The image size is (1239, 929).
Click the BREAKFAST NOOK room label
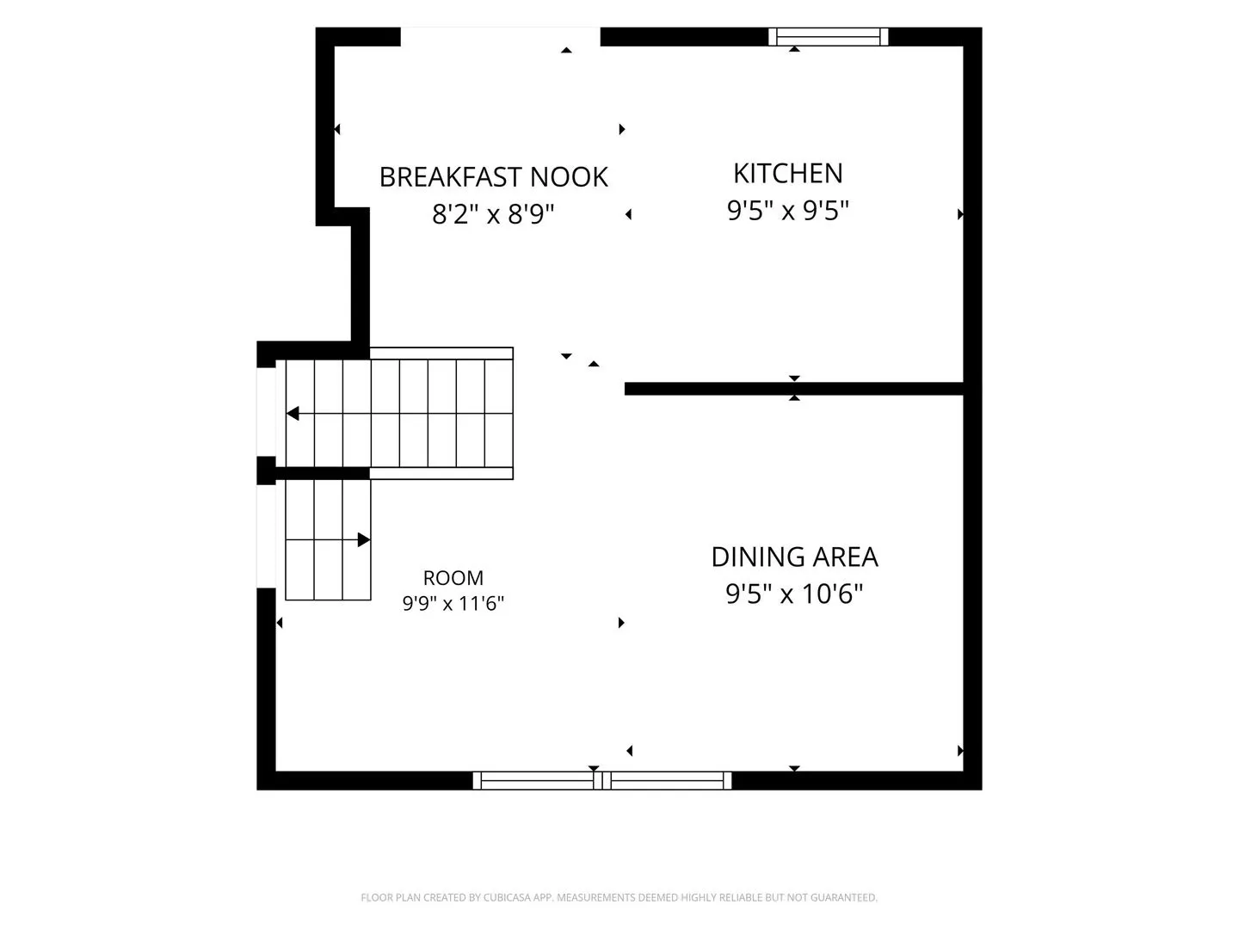coord(493,177)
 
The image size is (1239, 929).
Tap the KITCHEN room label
coord(788,173)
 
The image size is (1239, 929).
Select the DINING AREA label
coord(794,557)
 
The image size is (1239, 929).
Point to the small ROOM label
coord(453,577)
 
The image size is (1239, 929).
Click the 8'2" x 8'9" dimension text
coord(493,214)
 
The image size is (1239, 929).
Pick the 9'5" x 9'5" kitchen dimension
coord(787,211)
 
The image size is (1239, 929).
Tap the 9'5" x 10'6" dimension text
coord(794,594)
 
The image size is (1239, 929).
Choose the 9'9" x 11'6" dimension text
coord(453,604)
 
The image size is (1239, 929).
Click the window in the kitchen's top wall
coord(828,37)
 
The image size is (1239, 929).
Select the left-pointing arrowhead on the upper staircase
coord(293,414)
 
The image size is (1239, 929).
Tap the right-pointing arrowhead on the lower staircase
coord(364,540)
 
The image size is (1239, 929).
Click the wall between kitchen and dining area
coord(793,389)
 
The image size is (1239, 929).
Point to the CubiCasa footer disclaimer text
coord(619,897)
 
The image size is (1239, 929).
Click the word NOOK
coord(569,177)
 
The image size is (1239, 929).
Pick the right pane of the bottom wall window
coord(668,781)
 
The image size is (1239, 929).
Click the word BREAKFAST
coord(451,177)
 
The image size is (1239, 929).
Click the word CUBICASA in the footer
coord(507,897)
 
